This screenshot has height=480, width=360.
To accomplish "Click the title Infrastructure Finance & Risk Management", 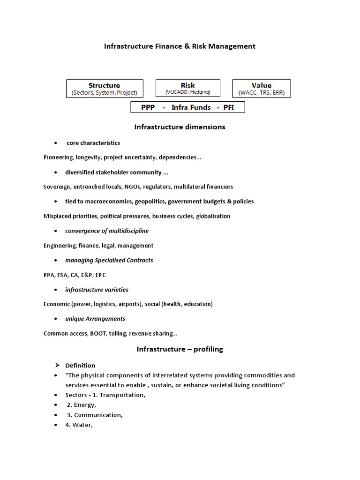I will (180, 46).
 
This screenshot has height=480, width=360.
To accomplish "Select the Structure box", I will (104, 89).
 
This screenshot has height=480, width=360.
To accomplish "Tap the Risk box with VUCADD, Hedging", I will (187, 88).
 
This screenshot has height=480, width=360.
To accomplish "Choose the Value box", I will (261, 89).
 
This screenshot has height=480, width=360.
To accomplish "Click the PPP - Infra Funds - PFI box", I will (187, 107).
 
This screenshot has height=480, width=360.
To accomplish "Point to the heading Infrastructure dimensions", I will (180, 127).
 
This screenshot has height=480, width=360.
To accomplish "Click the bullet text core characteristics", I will (93, 143).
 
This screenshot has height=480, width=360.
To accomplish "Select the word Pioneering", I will (58, 157).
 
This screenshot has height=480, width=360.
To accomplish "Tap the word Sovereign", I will (57, 187).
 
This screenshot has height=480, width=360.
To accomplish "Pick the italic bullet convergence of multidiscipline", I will (107, 231).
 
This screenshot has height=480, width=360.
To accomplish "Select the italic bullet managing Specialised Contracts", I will (109, 260).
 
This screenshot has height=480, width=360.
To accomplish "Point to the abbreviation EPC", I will (106, 275).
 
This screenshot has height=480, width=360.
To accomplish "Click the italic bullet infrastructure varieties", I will (97, 290).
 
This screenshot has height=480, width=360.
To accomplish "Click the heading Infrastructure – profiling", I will (180, 349).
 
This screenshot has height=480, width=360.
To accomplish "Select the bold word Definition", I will (80, 366).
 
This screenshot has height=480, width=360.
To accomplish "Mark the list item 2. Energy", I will (81, 405).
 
